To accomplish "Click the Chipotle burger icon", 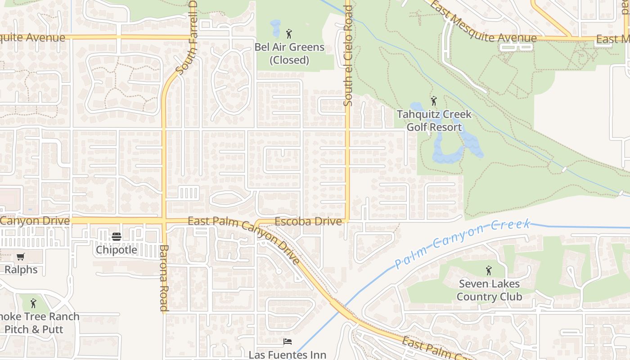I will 116,237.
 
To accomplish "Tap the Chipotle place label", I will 116,249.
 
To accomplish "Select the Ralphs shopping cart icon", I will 20,257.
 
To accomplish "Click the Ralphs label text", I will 21,270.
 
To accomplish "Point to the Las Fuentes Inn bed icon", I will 288,342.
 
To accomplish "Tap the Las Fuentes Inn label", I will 288,355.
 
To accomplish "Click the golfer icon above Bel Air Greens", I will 289,34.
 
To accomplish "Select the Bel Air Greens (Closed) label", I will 289,53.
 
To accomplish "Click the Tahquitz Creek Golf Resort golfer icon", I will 434,101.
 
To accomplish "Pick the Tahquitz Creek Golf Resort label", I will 434,121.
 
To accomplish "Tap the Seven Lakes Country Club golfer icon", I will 489,271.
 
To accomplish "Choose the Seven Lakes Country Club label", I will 489,290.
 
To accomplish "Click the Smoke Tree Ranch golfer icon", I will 33,303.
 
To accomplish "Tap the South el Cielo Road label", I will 347,54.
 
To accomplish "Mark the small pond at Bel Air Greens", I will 275,28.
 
